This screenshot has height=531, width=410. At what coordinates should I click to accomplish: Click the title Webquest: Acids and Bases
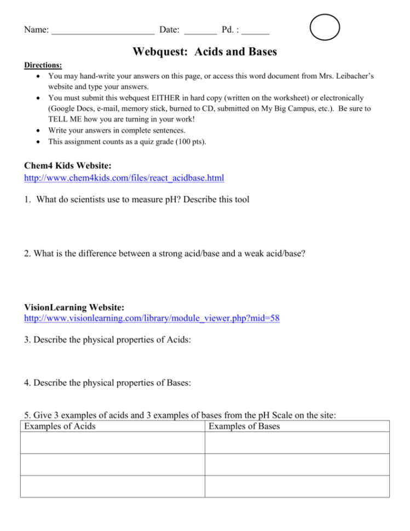point(205,53)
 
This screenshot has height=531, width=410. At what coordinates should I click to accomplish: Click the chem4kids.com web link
point(124,178)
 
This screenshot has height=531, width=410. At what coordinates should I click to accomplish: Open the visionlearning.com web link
point(152,318)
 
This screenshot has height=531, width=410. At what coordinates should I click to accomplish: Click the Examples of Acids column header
point(60,426)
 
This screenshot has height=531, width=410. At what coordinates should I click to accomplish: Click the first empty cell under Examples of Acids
point(112,443)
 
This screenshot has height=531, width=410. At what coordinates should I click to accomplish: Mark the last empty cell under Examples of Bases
point(297,486)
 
